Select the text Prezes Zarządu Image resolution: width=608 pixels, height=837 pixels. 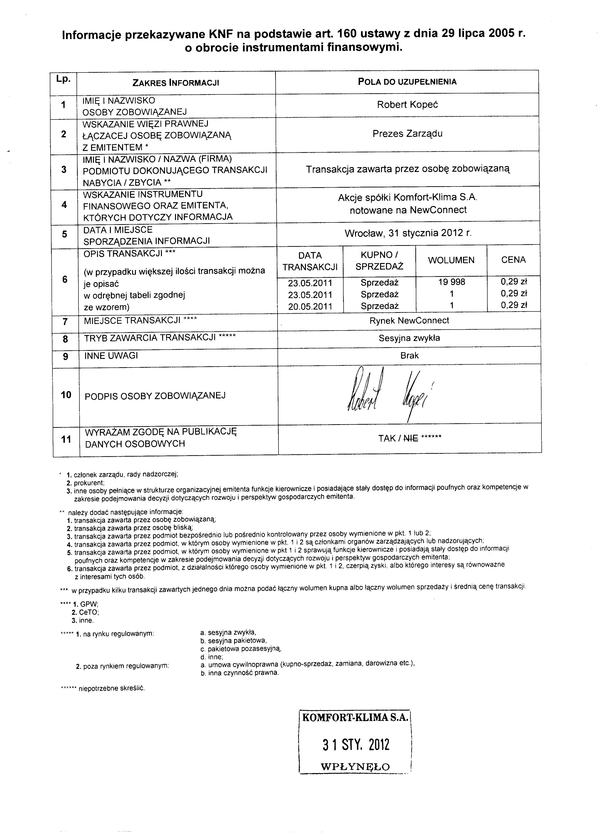[407, 134]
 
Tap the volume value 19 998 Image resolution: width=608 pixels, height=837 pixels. [452, 282]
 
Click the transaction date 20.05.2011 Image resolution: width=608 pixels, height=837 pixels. [310, 307]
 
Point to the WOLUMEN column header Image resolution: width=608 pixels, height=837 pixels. [451, 260]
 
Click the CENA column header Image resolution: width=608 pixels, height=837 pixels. [513, 260]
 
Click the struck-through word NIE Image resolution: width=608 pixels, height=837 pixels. [411, 439]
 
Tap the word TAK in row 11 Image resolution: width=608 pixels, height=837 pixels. [387, 439]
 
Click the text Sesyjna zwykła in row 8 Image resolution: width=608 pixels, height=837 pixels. [409, 338]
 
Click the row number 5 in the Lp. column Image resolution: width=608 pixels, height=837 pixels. [65, 234]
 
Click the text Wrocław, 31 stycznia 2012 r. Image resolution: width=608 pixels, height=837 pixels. [408, 233]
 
